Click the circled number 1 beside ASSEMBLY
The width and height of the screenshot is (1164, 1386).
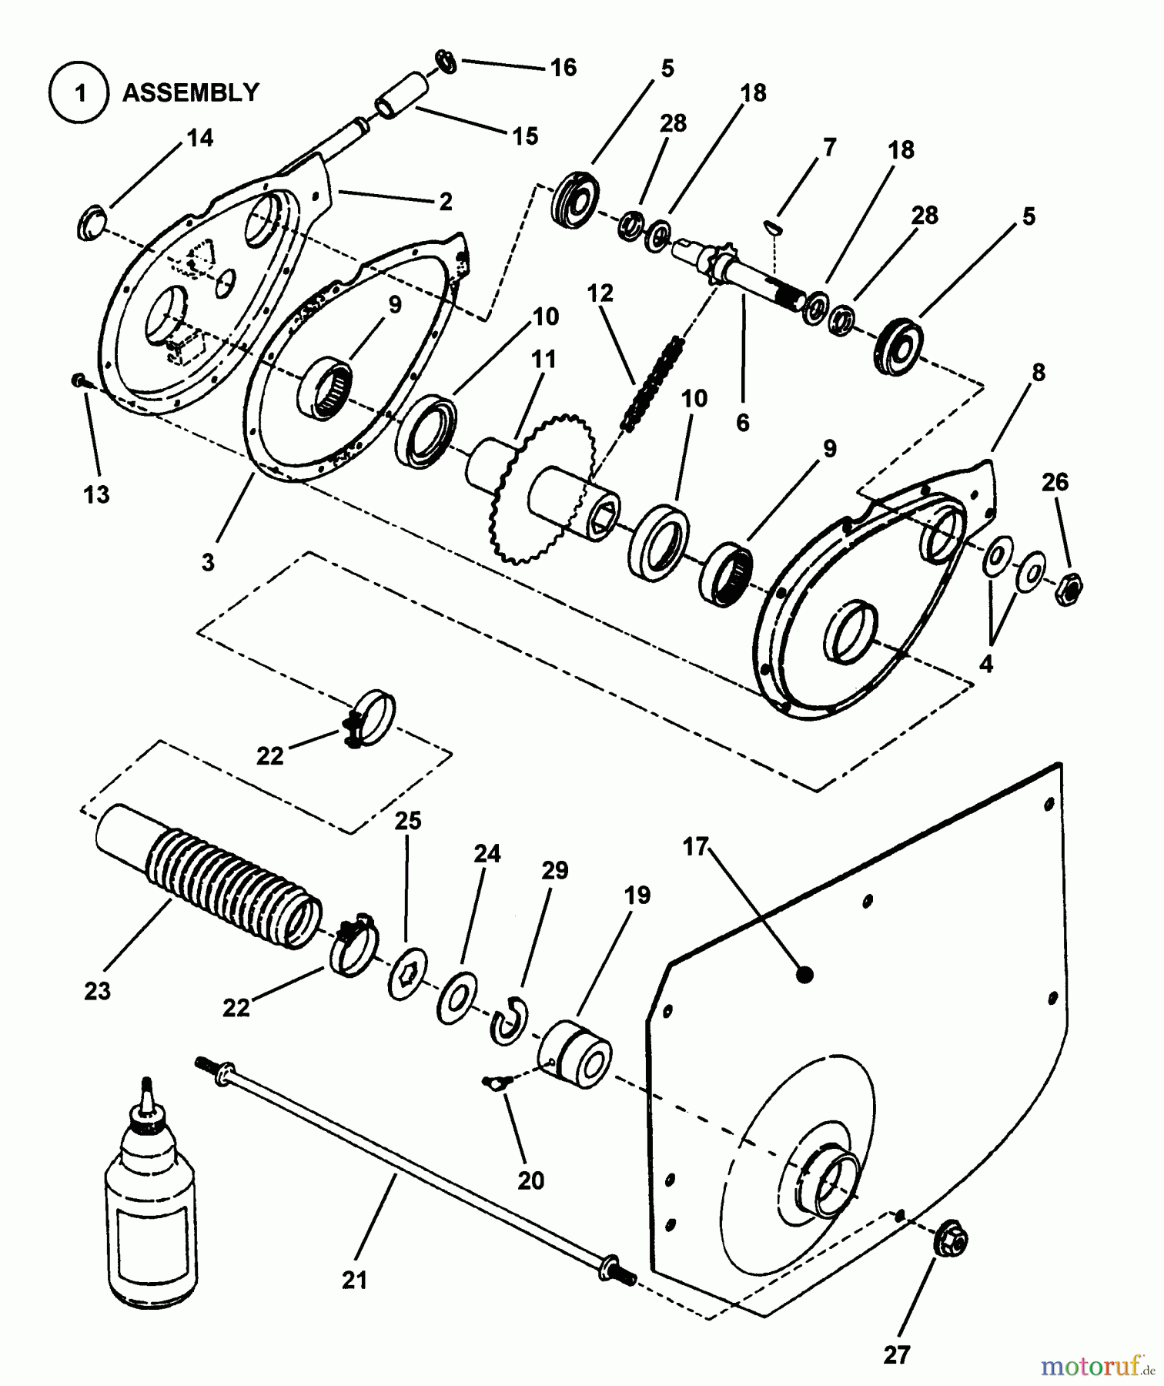[x=79, y=93]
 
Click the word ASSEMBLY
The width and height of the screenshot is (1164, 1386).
[x=191, y=93]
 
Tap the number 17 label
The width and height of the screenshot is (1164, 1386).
[x=695, y=847]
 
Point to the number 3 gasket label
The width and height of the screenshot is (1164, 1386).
[x=208, y=563]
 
